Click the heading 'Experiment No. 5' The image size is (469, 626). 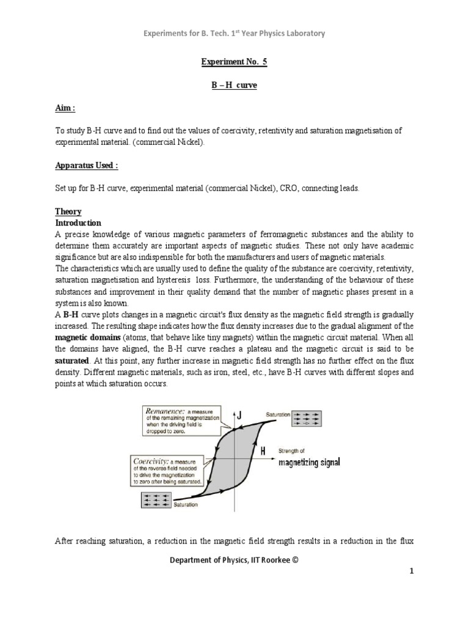(x=234, y=62)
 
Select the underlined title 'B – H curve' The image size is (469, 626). (x=234, y=86)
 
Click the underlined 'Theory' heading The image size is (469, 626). (x=68, y=212)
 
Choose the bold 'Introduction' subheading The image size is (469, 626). (x=78, y=223)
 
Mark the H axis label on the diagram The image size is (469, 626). (x=263, y=451)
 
